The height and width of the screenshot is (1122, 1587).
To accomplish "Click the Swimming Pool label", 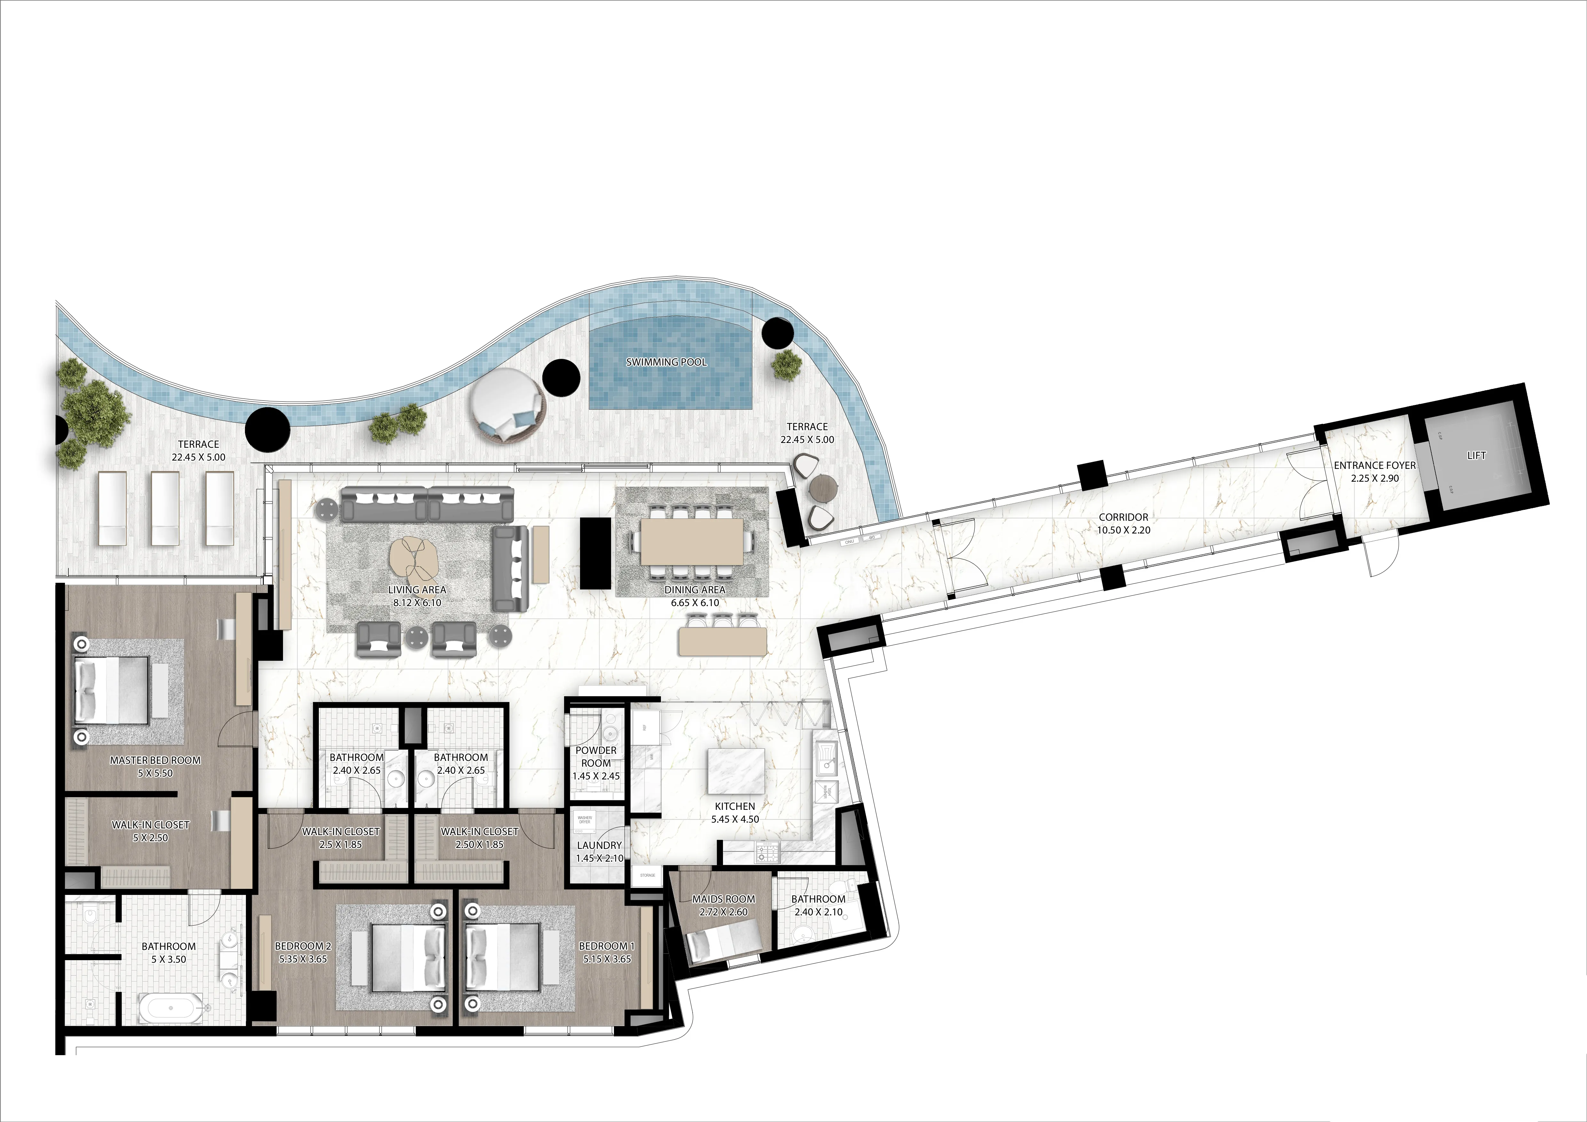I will pos(666,362).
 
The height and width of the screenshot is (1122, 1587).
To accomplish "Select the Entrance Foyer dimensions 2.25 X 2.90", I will pos(1375,478).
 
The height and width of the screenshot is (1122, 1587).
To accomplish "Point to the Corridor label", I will pos(1123,517).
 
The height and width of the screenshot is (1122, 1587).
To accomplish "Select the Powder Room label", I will pos(596,756).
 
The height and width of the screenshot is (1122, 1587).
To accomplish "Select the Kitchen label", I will pos(735,806).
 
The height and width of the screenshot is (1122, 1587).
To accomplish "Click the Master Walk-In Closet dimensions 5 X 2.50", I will pos(151,838).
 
